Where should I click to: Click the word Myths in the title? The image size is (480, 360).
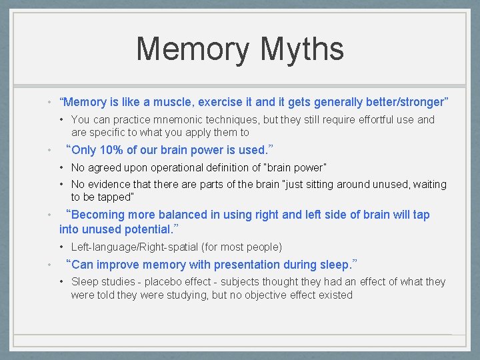pos(303,49)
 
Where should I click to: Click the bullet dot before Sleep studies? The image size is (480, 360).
pos(61,282)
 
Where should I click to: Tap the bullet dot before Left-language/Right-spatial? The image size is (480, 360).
pos(61,247)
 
